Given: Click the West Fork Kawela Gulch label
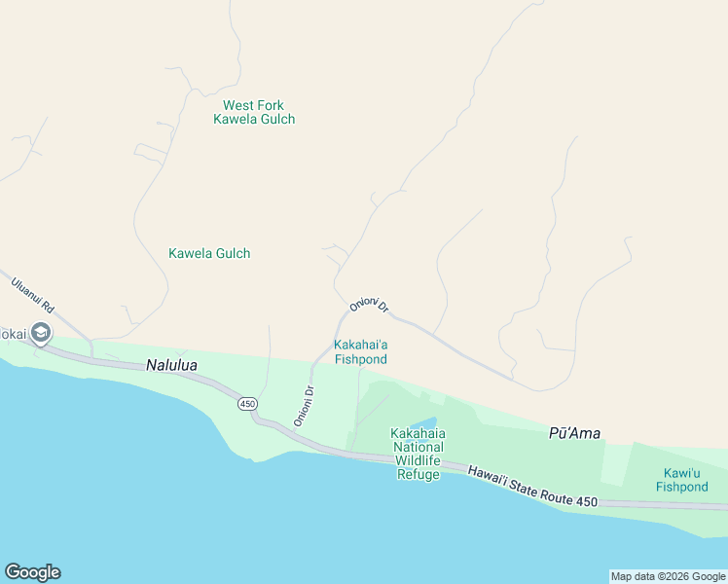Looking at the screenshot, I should (254, 112).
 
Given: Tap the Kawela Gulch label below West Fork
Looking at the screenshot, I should (209, 253).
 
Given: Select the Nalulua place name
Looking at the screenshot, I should (171, 366).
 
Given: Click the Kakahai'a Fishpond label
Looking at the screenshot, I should (361, 351).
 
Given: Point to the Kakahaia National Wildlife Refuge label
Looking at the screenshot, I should (419, 454).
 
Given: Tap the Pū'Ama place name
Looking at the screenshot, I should (574, 433).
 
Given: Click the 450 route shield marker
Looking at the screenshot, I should (247, 403).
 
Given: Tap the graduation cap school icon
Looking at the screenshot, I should (41, 334).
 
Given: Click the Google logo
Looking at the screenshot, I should (32, 572).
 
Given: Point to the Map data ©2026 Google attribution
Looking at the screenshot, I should (668, 576).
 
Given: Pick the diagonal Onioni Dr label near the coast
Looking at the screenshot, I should (303, 407).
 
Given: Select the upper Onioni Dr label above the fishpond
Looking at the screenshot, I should (370, 305).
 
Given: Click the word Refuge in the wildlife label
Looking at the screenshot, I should (419, 474).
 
